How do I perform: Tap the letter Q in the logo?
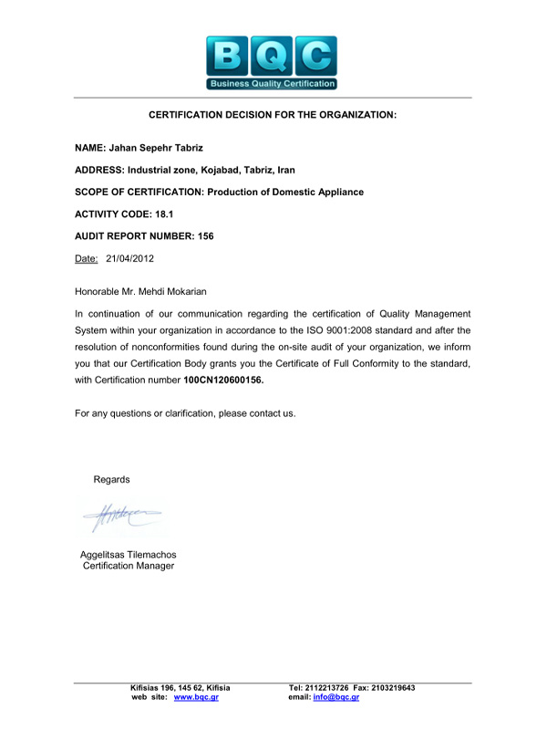click(x=272, y=55)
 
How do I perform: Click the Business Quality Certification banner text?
click(x=272, y=84)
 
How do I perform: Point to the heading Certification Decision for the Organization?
click(x=273, y=115)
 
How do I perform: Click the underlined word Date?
click(x=86, y=258)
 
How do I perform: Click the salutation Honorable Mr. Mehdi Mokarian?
click(x=140, y=292)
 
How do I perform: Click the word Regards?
click(x=112, y=479)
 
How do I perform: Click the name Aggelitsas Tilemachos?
click(x=129, y=555)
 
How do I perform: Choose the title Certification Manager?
click(x=129, y=566)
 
